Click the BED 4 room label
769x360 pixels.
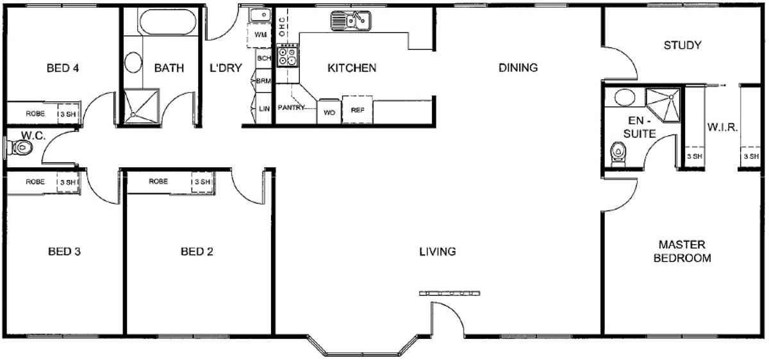[x=63, y=68]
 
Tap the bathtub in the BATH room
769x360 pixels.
[x=168, y=22]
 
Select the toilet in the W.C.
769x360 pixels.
[x=20, y=148]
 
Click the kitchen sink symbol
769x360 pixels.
[x=351, y=20]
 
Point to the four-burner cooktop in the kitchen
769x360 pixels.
[x=287, y=56]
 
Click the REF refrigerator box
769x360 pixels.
[x=358, y=110]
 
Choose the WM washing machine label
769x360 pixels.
[x=261, y=35]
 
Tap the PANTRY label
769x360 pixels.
[x=291, y=108]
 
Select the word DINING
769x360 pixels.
[x=518, y=68]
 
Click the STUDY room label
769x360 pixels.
[x=682, y=45]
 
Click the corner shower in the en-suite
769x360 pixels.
[x=663, y=104]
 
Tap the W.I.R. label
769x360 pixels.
[x=722, y=127]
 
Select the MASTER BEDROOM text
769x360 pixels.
[x=682, y=251]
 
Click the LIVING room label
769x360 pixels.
[x=438, y=252]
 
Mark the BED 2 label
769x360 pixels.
[x=197, y=252]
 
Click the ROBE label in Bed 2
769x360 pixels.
[x=158, y=181]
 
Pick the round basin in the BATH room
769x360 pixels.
[x=133, y=62]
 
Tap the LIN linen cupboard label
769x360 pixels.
[x=264, y=109]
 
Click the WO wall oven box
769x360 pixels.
[x=329, y=112]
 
